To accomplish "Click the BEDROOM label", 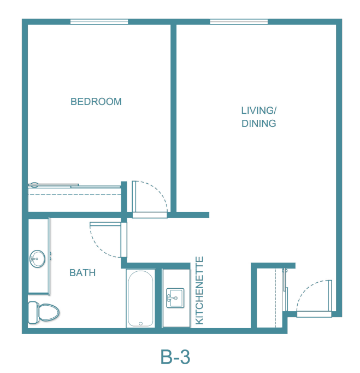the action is click(x=96, y=102).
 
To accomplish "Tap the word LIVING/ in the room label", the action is click(x=259, y=110).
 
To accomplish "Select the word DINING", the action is click(x=259, y=124).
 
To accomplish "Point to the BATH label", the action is click(x=82, y=272).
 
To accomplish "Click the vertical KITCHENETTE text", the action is click(x=199, y=290).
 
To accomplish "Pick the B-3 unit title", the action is click(x=175, y=357).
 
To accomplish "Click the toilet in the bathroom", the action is click(x=44, y=313).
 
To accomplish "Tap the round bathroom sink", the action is click(x=37, y=259).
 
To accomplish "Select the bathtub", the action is click(x=140, y=298).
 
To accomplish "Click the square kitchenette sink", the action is click(x=175, y=298).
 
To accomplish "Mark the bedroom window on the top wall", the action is click(x=99, y=22).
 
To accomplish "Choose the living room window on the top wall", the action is click(x=239, y=22).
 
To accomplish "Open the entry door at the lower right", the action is click(x=314, y=314).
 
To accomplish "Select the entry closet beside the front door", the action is click(x=270, y=298).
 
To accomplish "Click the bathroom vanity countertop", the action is click(x=39, y=257).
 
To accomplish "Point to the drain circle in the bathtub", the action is click(x=141, y=324).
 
